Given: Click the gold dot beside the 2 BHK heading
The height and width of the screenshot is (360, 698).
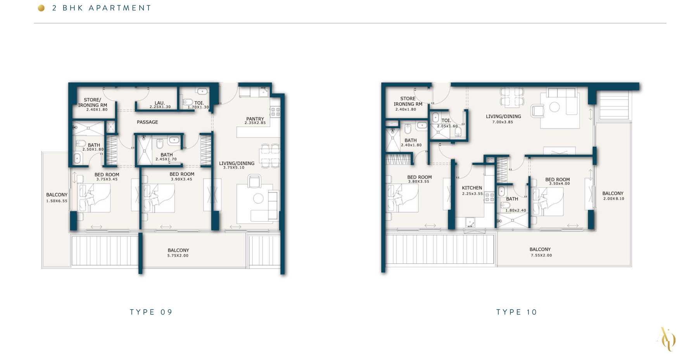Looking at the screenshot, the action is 41,8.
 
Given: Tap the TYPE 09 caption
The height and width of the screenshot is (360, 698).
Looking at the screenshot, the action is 151,312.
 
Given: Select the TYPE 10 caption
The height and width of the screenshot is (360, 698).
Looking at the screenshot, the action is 517,312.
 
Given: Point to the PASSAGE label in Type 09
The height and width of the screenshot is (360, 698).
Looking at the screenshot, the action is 147,122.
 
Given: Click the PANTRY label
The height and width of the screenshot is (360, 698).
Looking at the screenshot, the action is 255,119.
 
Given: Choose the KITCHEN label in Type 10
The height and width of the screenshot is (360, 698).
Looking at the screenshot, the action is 472,188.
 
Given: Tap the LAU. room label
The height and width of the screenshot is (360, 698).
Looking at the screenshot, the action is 160,103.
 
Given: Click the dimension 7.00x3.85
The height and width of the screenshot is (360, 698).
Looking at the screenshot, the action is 503,122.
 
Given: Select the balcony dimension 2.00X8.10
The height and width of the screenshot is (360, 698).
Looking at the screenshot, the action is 613,199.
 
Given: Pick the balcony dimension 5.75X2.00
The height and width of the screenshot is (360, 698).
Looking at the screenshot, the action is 178,256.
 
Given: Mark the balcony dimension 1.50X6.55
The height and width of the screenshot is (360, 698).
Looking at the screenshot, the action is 57,201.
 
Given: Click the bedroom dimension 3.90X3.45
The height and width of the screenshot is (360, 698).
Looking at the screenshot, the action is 181,179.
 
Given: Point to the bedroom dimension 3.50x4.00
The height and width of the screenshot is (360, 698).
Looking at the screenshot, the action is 559,184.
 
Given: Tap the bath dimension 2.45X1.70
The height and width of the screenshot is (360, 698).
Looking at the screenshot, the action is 166,159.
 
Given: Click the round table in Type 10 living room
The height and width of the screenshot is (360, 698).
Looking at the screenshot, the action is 555,107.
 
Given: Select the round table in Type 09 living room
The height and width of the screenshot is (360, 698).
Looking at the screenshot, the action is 258,198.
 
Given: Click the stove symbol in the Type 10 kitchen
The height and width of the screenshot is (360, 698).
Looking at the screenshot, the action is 489,197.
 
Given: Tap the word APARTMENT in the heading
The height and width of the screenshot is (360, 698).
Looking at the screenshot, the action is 120,8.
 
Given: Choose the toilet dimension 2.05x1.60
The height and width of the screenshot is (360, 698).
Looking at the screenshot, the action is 447,126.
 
